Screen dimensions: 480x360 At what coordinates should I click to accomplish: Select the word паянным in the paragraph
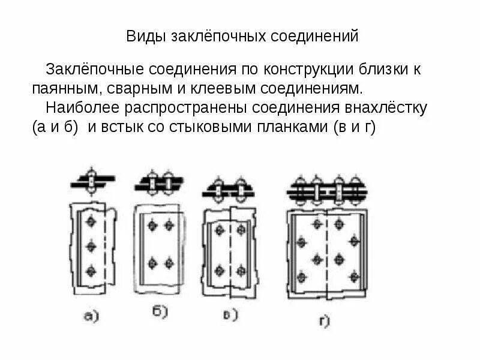click(60, 89)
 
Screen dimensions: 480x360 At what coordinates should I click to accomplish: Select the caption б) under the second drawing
click(160, 311)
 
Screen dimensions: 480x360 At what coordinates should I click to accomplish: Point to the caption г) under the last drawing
click(325, 322)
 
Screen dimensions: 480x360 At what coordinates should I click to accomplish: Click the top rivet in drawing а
click(91, 222)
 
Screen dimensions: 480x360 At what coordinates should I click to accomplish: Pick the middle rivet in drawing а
click(91, 246)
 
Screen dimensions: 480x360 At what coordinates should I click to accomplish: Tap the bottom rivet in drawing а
click(91, 271)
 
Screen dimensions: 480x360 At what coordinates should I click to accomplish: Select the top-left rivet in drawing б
click(152, 225)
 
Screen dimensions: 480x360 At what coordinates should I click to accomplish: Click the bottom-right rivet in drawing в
click(242, 270)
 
